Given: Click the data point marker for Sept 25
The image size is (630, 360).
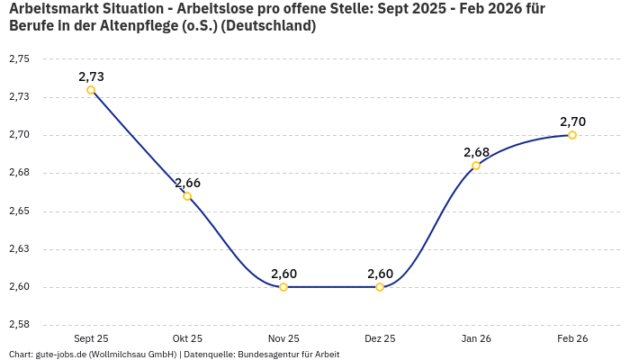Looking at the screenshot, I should click(91, 90).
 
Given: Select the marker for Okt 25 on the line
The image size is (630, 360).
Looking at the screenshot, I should click(187, 196).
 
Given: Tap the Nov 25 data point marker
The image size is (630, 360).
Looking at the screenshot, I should click(283, 287).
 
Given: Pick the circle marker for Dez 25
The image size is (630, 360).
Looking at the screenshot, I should click(380, 287).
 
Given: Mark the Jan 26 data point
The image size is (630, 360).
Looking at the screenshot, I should click(476, 166).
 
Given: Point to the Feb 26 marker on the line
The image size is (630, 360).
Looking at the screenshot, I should click(572, 135).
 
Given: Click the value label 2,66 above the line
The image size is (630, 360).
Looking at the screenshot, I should click(187, 183).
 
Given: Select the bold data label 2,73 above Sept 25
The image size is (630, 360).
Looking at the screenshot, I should click(91, 76).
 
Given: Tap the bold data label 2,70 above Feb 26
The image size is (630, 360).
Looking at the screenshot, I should click(572, 121).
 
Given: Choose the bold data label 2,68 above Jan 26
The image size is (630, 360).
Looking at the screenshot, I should click(476, 152).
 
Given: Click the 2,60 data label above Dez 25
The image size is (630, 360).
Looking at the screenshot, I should click(380, 274).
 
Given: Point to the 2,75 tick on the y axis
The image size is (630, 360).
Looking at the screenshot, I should click(19, 59).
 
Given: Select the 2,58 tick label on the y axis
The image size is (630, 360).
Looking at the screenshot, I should click(19, 325).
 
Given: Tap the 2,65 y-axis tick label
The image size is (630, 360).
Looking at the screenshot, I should click(19, 211).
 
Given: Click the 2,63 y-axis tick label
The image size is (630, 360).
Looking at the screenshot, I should click(19, 249).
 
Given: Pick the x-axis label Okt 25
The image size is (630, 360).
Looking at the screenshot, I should click(187, 339).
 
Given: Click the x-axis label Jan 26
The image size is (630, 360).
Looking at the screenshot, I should click(476, 339).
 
